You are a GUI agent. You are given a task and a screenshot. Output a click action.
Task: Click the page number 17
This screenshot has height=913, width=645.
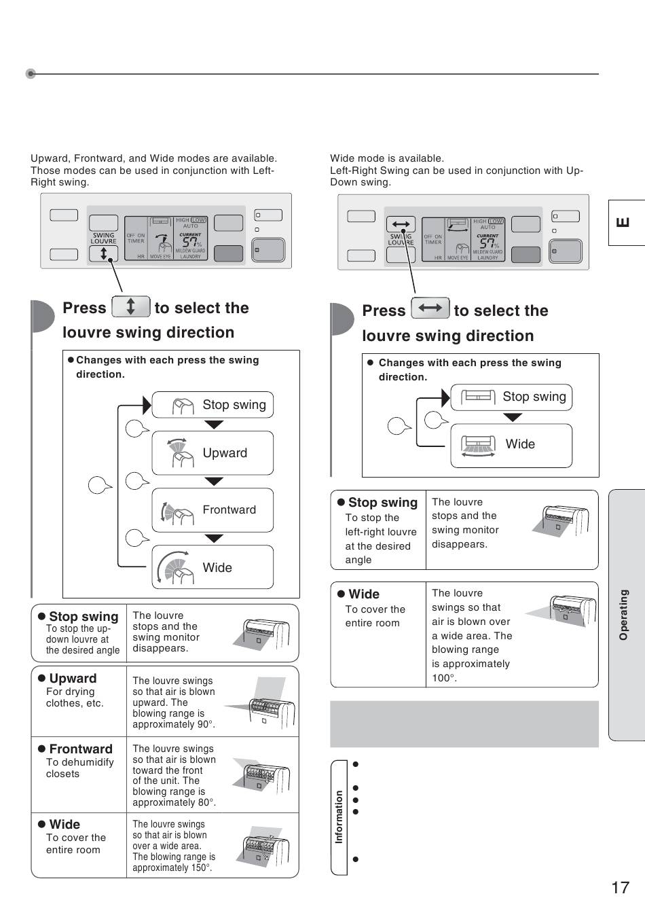620,887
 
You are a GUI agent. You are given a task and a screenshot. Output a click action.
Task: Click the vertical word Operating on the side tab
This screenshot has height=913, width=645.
623,614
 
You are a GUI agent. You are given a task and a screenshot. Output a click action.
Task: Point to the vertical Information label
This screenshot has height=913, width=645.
339,817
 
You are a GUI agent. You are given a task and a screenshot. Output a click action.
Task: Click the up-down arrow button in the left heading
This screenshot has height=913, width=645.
130,307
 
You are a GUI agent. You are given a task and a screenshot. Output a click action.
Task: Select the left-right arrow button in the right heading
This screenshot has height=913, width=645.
430,308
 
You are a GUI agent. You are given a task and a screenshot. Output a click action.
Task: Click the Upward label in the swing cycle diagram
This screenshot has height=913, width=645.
225,453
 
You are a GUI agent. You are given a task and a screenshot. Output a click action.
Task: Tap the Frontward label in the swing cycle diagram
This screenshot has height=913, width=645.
229,510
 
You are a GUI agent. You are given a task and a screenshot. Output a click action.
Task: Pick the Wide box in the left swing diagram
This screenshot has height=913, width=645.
213,567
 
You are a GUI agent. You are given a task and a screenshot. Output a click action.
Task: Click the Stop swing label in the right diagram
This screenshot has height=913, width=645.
534,397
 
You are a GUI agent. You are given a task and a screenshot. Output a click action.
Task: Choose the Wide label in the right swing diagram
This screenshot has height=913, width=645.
520,444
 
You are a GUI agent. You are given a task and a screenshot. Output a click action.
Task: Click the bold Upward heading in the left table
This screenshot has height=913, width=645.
73,678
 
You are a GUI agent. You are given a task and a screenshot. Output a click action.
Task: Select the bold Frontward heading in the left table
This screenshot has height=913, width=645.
80,749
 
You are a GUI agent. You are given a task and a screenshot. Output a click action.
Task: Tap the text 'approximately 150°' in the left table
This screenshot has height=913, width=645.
172,867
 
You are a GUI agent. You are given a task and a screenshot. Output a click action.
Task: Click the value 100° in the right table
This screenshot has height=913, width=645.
445,678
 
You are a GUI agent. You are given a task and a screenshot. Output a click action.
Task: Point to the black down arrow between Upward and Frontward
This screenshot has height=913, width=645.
214,482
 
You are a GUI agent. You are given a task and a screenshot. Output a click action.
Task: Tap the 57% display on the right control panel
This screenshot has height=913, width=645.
487,244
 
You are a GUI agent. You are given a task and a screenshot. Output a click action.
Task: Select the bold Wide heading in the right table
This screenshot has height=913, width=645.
364,594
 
